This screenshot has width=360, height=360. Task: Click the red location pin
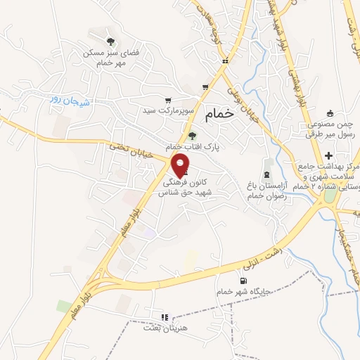(181, 165)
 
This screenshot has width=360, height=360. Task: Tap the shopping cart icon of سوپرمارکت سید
(167, 100)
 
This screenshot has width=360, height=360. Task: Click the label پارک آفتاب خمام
(193, 148)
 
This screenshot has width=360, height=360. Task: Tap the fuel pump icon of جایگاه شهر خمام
(244, 280)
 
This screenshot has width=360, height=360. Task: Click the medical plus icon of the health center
(329, 155)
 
